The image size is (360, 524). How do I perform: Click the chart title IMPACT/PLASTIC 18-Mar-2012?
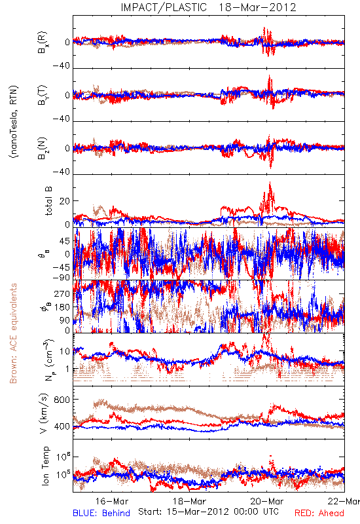pos(208,7)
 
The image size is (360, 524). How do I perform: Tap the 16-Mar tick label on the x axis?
pos(111,501)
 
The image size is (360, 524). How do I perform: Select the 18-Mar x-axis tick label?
pos(189,501)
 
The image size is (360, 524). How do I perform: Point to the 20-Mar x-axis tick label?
pos(267,501)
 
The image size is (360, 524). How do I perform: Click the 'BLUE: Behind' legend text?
pos(101,513)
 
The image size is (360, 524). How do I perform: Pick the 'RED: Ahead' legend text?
pos(319,513)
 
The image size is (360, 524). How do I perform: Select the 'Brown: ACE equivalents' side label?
pos(13,333)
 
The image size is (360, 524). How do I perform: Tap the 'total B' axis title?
pos(48,201)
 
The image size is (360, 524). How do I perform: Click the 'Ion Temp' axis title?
pos(45,466)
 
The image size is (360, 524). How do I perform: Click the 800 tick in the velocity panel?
pos(62,400)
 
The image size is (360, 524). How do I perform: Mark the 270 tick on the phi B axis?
pos(62,293)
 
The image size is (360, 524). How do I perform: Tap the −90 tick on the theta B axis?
pos(61,277)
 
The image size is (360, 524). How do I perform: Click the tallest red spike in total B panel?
pos(270,183)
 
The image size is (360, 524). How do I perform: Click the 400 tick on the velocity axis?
pos(62,426)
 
